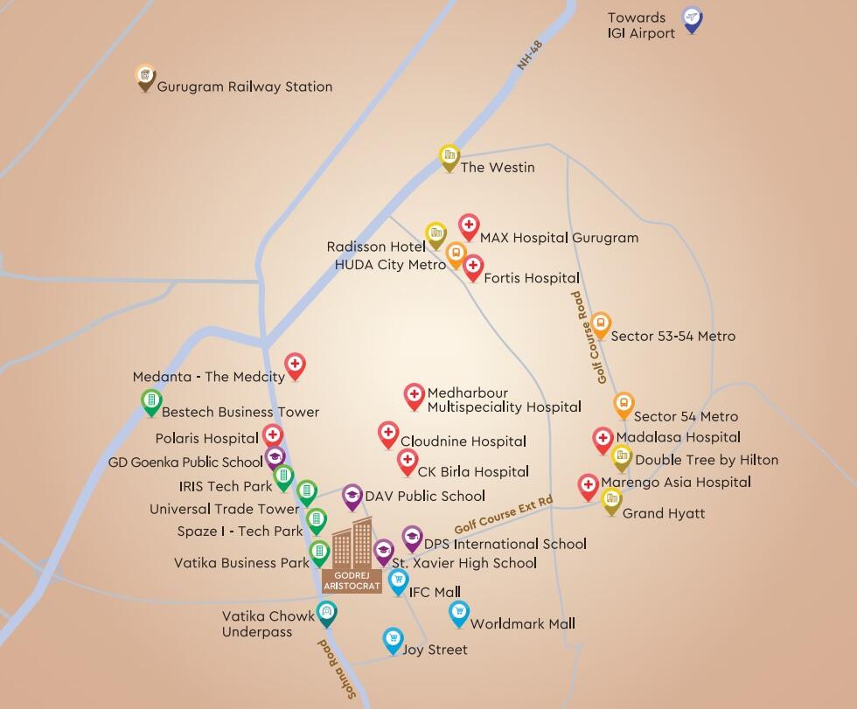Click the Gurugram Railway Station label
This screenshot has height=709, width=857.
click(244, 87)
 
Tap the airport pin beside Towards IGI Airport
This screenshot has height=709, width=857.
click(693, 19)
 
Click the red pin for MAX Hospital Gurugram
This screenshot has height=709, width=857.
click(469, 226)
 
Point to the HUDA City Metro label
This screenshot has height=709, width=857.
click(390, 264)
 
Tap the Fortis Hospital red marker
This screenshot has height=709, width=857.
click(473, 267)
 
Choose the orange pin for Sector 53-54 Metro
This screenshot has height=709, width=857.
click(601, 324)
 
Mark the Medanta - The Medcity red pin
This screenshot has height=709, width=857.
click(296, 365)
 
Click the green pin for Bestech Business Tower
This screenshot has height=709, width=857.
click(151, 402)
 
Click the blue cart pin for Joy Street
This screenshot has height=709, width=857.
click(394, 640)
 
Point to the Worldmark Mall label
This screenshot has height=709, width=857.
click(522, 624)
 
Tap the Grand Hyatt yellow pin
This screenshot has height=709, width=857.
click(612, 501)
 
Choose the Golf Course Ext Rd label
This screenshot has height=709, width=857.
click(504, 516)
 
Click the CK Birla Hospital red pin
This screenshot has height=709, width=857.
click(407, 461)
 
